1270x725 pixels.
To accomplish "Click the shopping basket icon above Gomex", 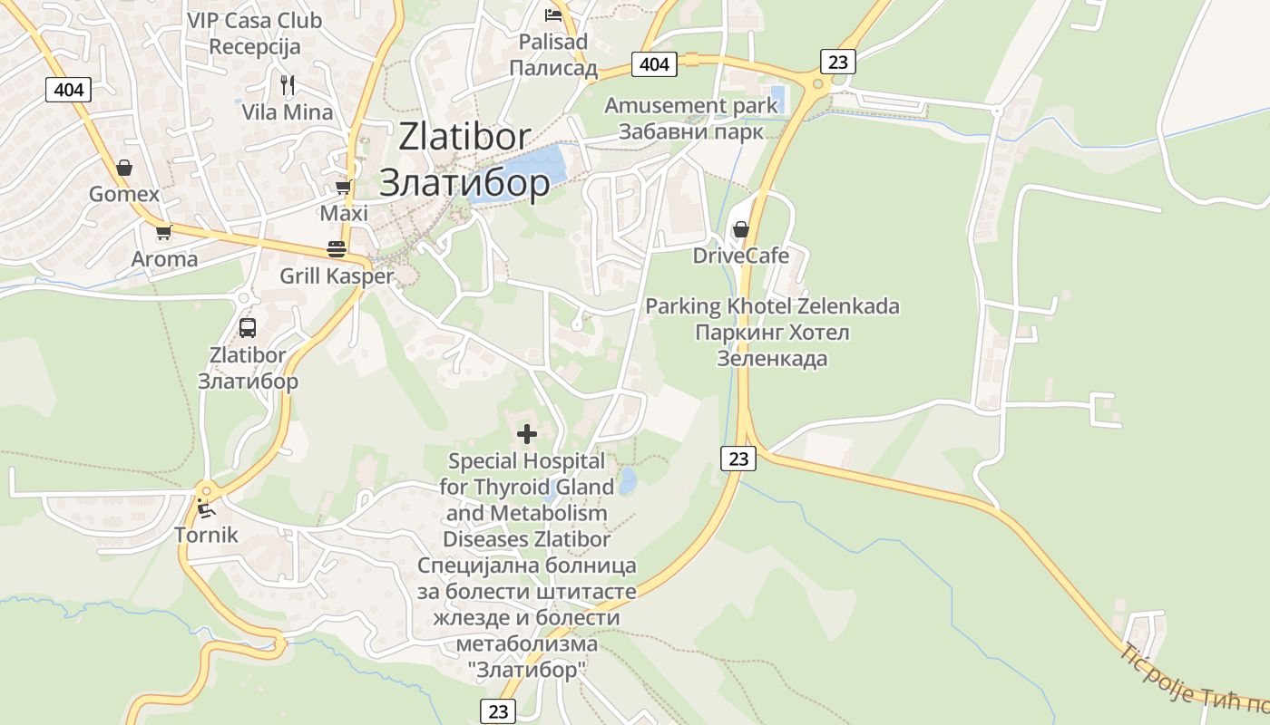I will coord(124,168).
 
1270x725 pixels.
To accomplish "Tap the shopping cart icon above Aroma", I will coord(163,232).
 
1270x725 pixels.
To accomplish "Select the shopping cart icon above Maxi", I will coord(343,188).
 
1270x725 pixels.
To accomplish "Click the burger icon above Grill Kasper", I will coord(337,249).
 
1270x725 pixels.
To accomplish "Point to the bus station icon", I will coord(248,328).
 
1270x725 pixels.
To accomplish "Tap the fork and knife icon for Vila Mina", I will coord(288,85).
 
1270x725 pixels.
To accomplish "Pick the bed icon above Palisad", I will coord(552,14).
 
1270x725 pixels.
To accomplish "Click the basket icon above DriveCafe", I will coord(740,229).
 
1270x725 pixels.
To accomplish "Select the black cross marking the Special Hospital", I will coord(526,434).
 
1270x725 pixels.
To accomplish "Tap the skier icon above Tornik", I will coord(206,508).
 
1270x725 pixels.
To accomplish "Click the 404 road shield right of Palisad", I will coord(654,63).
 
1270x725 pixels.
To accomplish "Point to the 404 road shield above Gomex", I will coord(69,89).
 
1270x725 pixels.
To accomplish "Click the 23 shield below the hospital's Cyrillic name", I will coord(498,711).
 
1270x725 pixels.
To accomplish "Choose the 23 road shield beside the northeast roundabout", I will coord(837,61).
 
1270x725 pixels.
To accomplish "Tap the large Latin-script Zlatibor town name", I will coord(464,136).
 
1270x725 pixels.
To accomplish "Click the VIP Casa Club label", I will coord(254,20).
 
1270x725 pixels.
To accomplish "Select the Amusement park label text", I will coord(691,105).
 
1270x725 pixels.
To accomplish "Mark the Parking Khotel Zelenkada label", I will coord(772,306).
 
